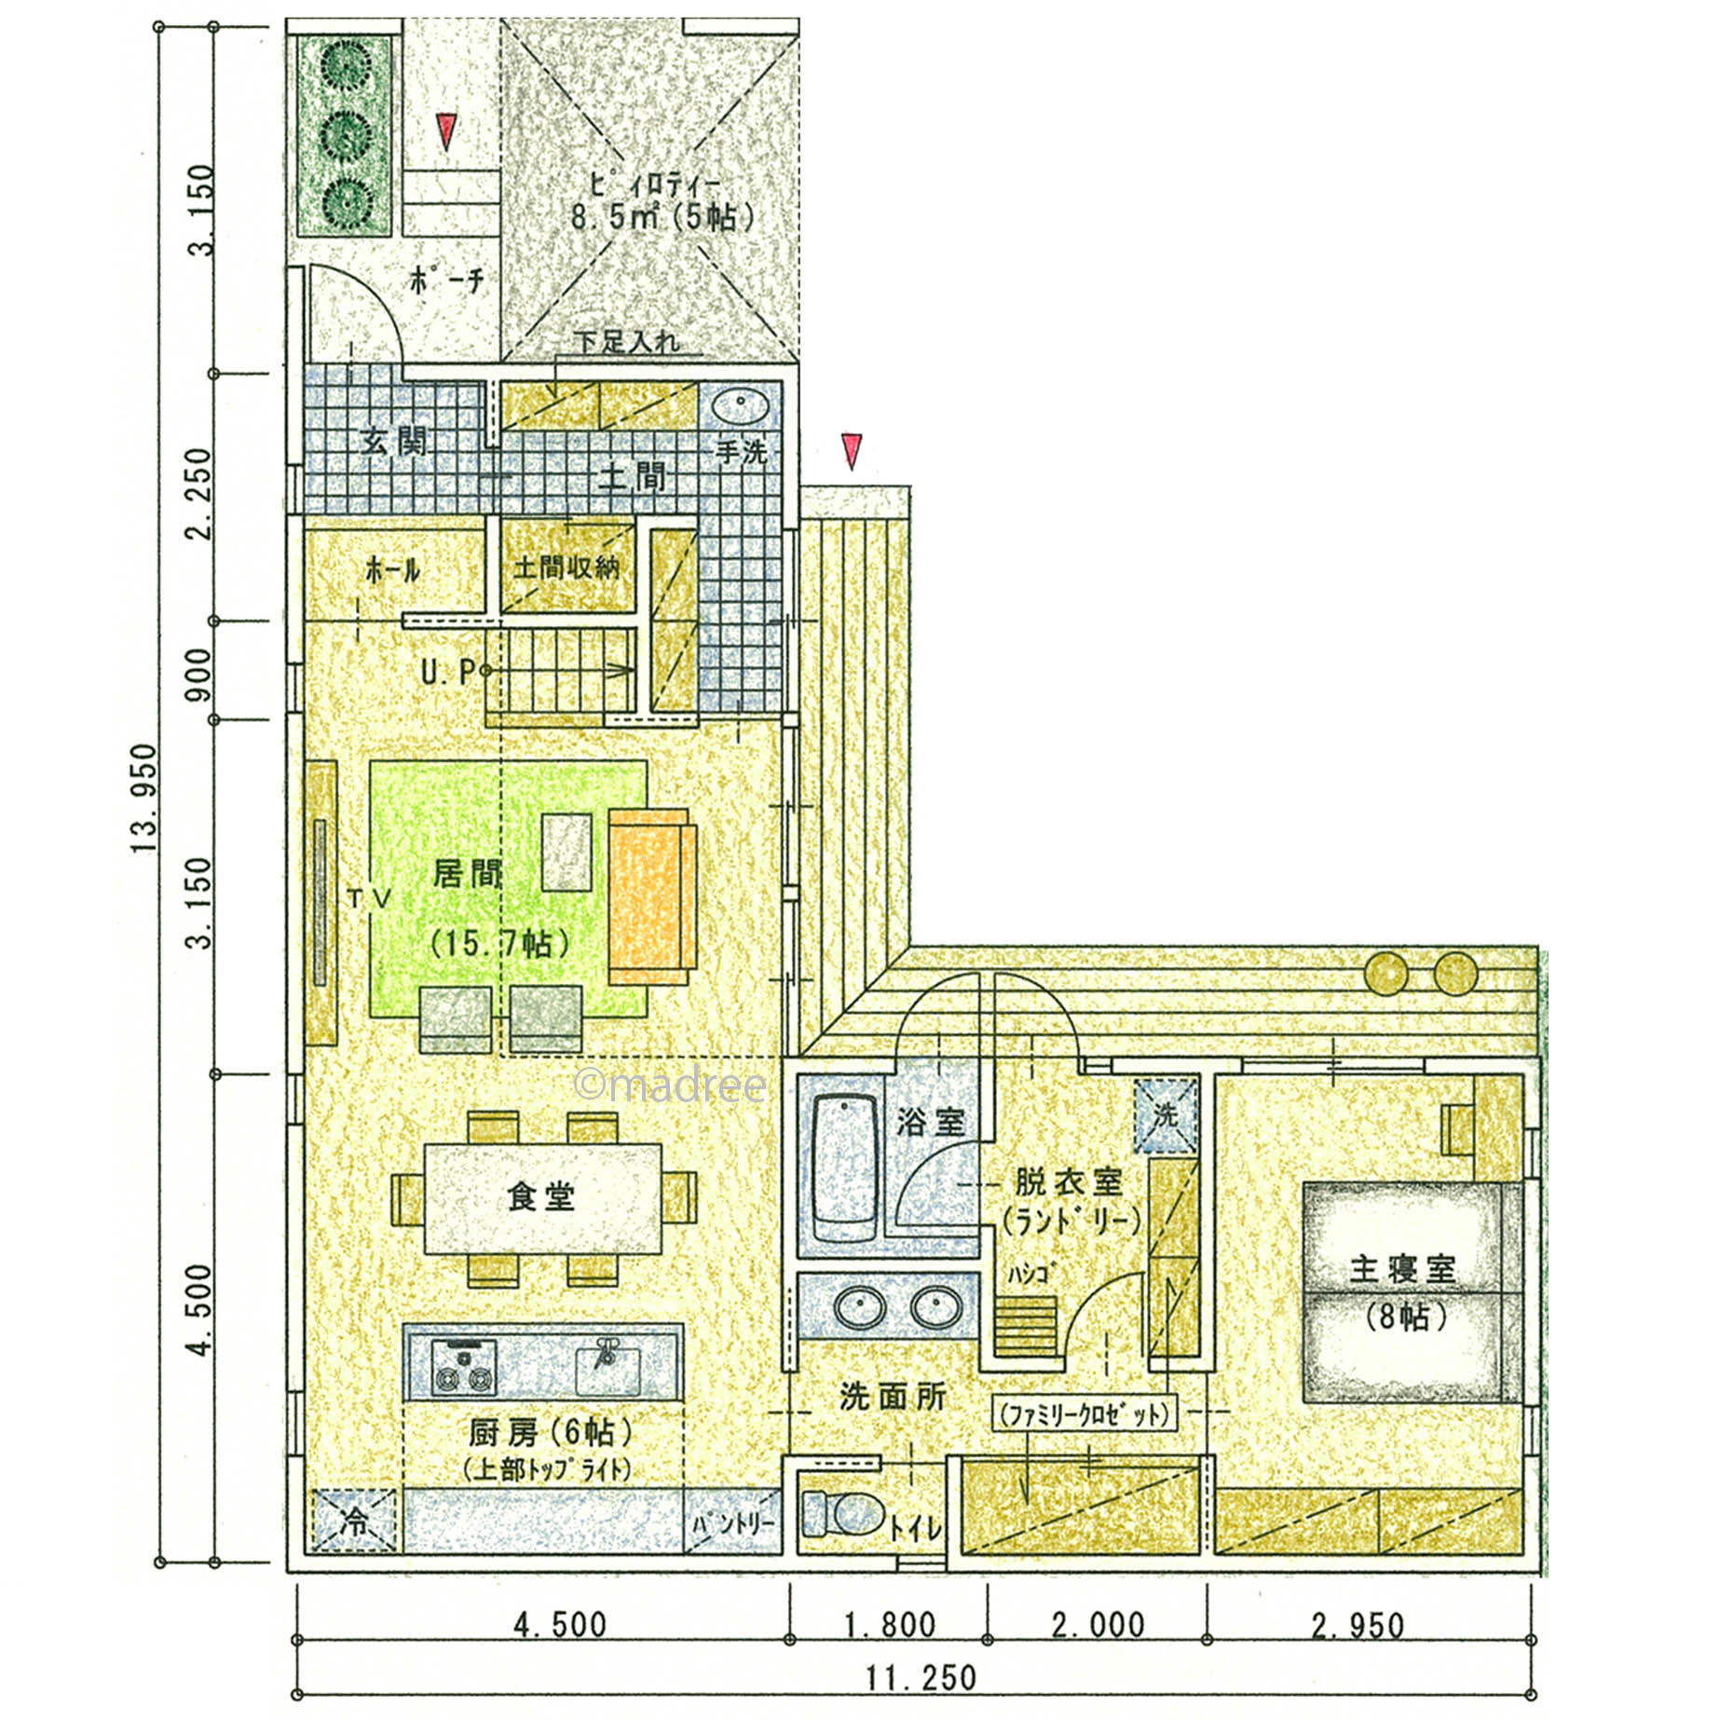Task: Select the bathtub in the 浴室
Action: click(844, 1168)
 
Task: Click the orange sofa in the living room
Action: click(652, 896)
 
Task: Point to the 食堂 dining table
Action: click(543, 1198)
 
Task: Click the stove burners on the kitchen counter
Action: click(463, 1369)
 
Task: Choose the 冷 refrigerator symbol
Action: click(355, 1522)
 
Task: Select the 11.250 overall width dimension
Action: click(921, 1678)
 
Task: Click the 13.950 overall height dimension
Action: click(144, 799)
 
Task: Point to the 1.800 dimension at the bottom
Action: click(889, 1625)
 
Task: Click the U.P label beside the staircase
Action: click(448, 671)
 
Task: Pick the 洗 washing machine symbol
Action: click(1165, 1114)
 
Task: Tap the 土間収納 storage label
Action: click(567, 567)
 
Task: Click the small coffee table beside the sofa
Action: click(567, 853)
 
